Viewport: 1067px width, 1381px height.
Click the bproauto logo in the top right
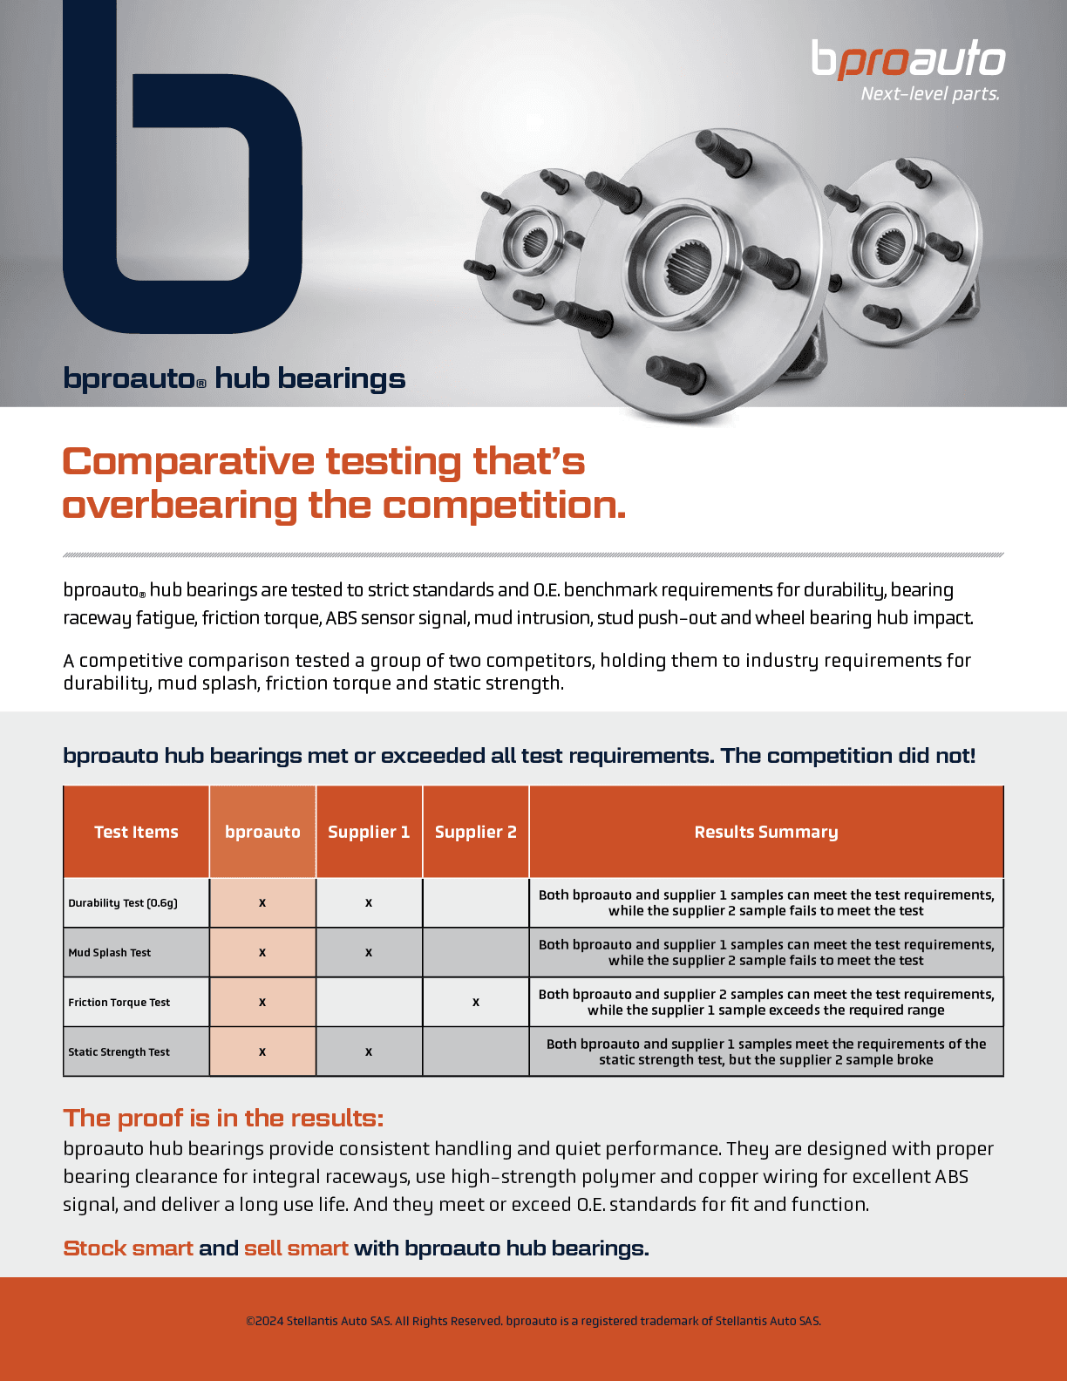(x=908, y=59)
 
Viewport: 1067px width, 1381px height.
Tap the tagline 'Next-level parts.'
(x=929, y=94)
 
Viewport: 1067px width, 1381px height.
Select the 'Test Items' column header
(x=136, y=832)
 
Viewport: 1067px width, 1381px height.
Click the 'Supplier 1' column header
(x=369, y=832)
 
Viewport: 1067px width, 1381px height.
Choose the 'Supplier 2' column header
(x=475, y=832)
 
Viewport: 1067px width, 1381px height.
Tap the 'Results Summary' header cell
(x=765, y=832)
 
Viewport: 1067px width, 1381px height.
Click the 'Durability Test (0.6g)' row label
(x=123, y=902)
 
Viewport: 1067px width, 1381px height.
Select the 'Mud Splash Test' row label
(x=110, y=952)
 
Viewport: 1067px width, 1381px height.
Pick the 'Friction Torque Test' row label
(x=119, y=1002)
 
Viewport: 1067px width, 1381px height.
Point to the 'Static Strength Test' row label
(x=119, y=1051)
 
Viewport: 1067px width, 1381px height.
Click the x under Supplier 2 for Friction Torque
(x=475, y=1003)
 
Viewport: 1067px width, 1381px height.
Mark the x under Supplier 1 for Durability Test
(x=369, y=903)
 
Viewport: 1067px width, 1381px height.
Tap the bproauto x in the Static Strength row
(x=262, y=1052)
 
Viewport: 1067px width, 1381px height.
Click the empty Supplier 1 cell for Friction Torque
(x=369, y=1002)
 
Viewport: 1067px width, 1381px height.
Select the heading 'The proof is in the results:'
(x=223, y=1118)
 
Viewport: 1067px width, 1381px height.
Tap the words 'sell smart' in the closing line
(x=296, y=1248)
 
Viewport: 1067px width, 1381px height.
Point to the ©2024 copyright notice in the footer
(x=533, y=1321)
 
